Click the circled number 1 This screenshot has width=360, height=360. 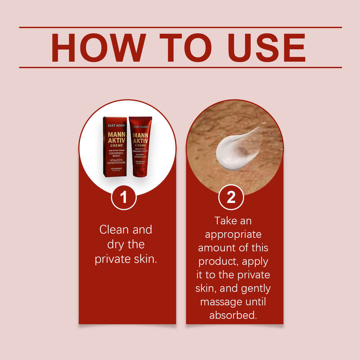(123, 197)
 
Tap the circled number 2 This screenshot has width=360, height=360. (231, 197)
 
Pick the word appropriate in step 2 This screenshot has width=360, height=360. (233, 235)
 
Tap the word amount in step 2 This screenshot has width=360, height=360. (220, 248)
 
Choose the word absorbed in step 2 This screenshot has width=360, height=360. (233, 315)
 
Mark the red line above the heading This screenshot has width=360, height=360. (180, 27)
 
